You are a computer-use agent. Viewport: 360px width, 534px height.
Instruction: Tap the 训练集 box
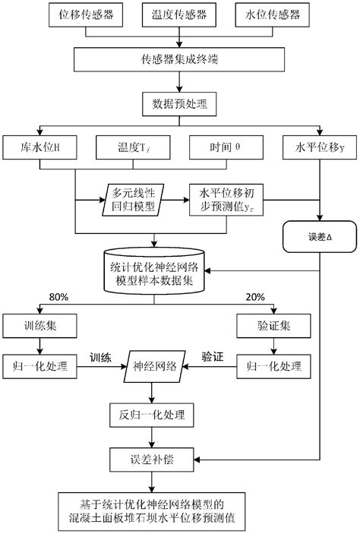pyautogui.click(x=37, y=327)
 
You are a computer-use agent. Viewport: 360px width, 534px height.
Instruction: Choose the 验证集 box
pyautogui.click(x=273, y=327)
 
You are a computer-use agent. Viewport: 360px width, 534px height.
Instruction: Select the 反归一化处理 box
pyautogui.click(x=155, y=415)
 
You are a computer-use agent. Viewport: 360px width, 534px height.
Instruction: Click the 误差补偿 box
pyautogui.click(x=155, y=459)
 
